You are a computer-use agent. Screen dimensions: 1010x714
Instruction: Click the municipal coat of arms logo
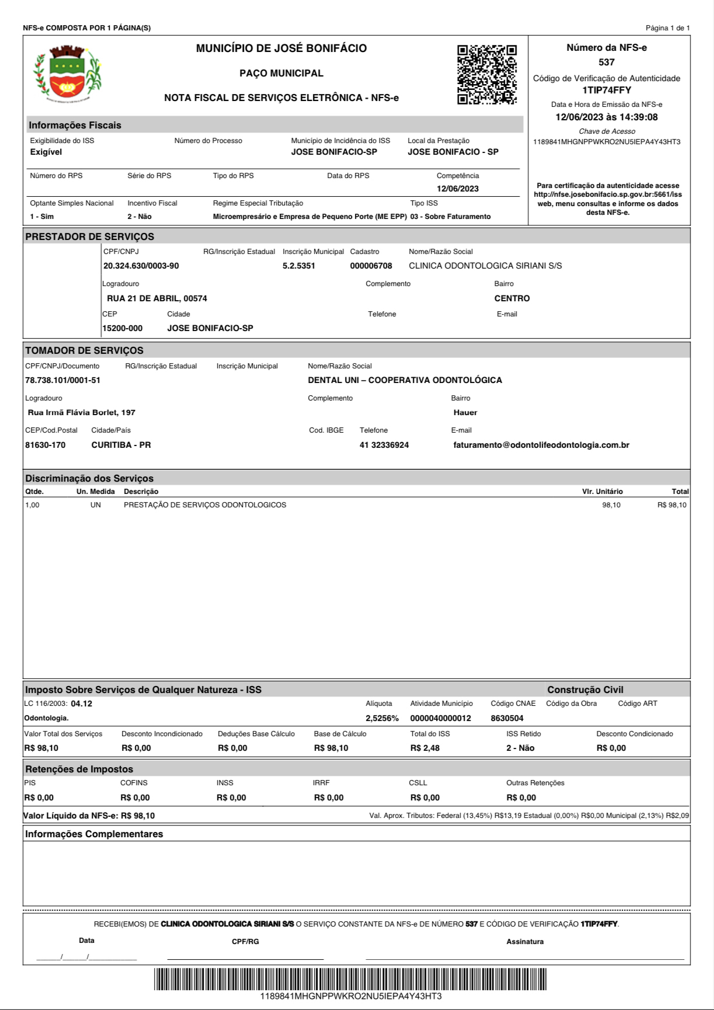click(x=67, y=73)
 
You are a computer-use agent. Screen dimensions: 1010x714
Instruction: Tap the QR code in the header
click(x=486, y=74)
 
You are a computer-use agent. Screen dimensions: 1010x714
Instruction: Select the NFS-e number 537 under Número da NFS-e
click(x=607, y=62)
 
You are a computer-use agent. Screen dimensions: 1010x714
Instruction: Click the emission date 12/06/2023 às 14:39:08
click(x=607, y=117)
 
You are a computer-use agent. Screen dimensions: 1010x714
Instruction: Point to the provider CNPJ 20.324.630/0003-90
click(x=141, y=266)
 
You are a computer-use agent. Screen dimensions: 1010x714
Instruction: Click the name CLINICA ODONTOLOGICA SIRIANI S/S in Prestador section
click(x=485, y=266)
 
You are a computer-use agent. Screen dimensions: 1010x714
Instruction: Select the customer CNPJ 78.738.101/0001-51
click(x=62, y=381)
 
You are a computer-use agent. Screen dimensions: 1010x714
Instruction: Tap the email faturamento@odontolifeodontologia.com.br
click(x=541, y=445)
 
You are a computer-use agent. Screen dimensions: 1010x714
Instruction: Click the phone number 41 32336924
click(x=384, y=445)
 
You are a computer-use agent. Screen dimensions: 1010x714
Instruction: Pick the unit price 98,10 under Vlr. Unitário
click(x=611, y=505)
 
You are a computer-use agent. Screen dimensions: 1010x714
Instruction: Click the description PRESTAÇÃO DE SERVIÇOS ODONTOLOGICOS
click(x=205, y=505)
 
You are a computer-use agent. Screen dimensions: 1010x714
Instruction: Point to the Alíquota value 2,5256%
click(x=382, y=719)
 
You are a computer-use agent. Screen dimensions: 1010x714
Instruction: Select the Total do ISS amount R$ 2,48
click(x=425, y=748)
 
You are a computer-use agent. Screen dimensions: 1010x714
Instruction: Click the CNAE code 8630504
click(x=507, y=719)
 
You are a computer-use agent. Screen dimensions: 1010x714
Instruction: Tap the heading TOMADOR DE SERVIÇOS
click(x=84, y=351)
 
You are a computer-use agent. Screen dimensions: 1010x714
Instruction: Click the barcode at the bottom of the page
click(x=350, y=979)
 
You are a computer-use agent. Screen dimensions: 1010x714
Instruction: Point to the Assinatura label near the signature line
click(x=525, y=942)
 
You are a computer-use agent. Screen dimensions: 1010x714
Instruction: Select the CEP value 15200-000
click(x=123, y=329)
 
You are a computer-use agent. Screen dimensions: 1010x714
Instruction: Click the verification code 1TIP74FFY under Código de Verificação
click(x=607, y=90)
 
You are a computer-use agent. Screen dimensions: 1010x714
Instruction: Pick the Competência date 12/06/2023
click(x=458, y=189)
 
